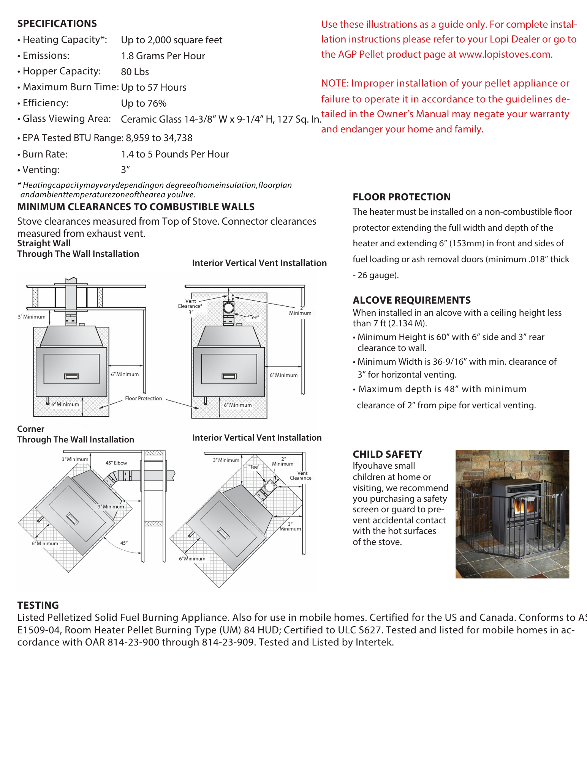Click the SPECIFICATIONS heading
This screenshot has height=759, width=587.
tap(57, 24)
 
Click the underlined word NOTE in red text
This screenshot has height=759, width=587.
tap(334, 83)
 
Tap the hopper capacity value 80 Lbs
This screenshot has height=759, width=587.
tap(135, 72)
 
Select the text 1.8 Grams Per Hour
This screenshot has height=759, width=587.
tap(163, 56)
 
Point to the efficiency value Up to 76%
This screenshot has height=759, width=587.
tap(144, 103)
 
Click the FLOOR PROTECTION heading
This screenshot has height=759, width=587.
tap(402, 197)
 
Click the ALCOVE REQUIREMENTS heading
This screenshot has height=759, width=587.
tap(411, 300)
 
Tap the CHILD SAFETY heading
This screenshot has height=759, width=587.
tap(387, 454)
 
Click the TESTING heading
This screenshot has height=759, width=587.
tap(38, 605)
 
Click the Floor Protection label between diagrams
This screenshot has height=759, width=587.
tap(143, 398)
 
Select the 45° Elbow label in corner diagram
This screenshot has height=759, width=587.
tap(116, 463)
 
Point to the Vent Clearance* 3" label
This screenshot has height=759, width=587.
tap(190, 306)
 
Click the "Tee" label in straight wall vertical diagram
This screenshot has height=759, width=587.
tap(253, 317)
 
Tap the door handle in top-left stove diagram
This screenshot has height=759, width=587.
tap(71, 376)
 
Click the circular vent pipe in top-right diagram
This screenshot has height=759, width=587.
tap(228, 307)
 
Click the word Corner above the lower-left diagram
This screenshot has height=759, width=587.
tap(31, 429)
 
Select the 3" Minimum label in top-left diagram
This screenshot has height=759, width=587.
tap(32, 317)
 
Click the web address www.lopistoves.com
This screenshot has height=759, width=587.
tap(505, 55)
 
